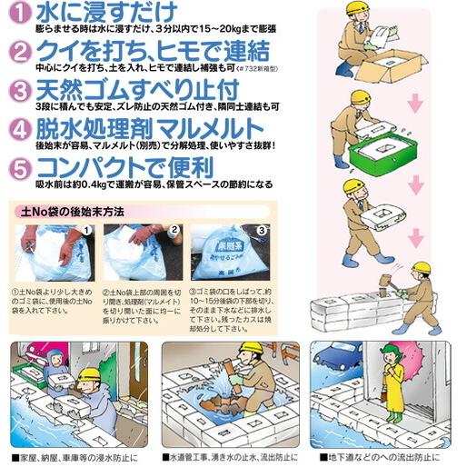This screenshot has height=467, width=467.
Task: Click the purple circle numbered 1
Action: pos(18,15)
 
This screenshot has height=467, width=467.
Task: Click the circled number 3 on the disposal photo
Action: pos(261,231)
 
